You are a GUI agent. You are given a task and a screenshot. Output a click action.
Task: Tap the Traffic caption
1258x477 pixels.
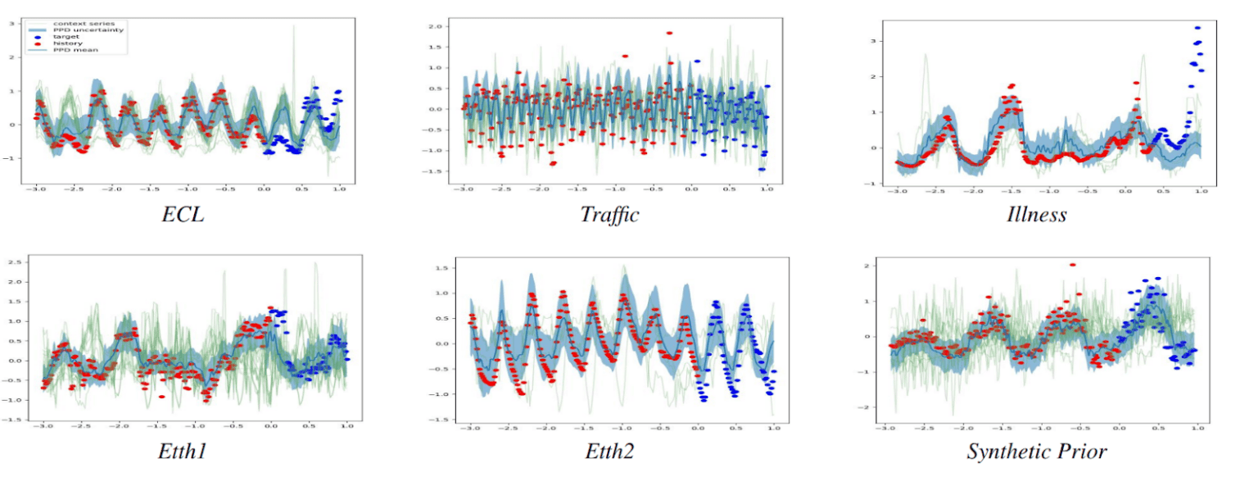point(609,215)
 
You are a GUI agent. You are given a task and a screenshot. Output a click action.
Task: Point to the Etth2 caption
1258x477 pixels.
point(609,452)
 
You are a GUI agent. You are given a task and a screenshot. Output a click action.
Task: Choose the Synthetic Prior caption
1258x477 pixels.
point(1037,452)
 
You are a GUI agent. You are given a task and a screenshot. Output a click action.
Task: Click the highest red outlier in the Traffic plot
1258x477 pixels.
point(669,34)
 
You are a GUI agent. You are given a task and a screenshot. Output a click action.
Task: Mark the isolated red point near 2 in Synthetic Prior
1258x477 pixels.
point(1072,265)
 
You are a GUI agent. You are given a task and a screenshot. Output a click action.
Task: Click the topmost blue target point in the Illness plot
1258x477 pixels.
point(1197,28)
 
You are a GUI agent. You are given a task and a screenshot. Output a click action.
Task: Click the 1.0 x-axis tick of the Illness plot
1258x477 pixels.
point(1201,191)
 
